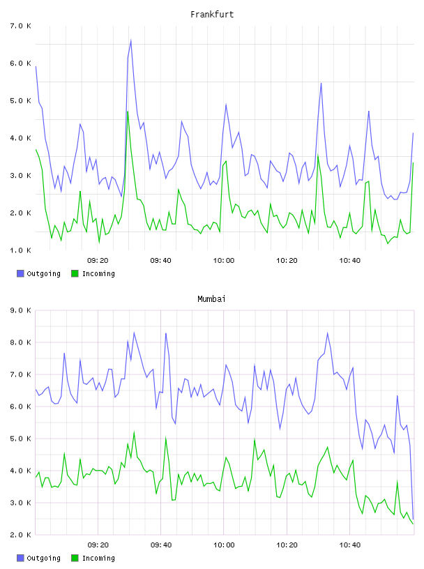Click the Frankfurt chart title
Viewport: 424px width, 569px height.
coord(212,15)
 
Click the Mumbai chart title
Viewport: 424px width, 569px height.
coord(211,299)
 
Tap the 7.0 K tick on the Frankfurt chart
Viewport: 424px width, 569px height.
coord(20,26)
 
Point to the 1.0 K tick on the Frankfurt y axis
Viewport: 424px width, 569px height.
coord(20,250)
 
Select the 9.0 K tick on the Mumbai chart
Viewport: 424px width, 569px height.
coord(20,310)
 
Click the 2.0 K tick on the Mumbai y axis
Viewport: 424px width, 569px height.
coord(20,535)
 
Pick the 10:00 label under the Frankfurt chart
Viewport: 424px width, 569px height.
coord(224,261)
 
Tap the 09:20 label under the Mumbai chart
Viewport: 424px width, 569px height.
coord(98,545)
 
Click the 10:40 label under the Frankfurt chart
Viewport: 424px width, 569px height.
coord(350,261)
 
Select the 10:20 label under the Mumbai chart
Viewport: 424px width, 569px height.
coord(287,545)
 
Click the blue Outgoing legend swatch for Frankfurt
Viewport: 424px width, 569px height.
coord(20,273)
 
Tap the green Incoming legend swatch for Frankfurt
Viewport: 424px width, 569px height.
coord(75,273)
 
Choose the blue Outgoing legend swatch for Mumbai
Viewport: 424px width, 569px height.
coord(20,558)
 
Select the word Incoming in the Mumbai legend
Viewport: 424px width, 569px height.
coord(98,558)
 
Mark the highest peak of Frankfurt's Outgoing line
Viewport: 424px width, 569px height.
coord(130,40)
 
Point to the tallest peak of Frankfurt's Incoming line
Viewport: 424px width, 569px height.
coord(128,112)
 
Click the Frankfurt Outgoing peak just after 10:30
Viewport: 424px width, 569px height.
coord(321,84)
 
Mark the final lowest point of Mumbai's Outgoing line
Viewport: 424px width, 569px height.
coord(413,519)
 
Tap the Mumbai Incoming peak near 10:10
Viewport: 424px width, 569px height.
coord(255,440)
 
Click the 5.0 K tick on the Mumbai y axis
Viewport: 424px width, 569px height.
coord(20,439)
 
